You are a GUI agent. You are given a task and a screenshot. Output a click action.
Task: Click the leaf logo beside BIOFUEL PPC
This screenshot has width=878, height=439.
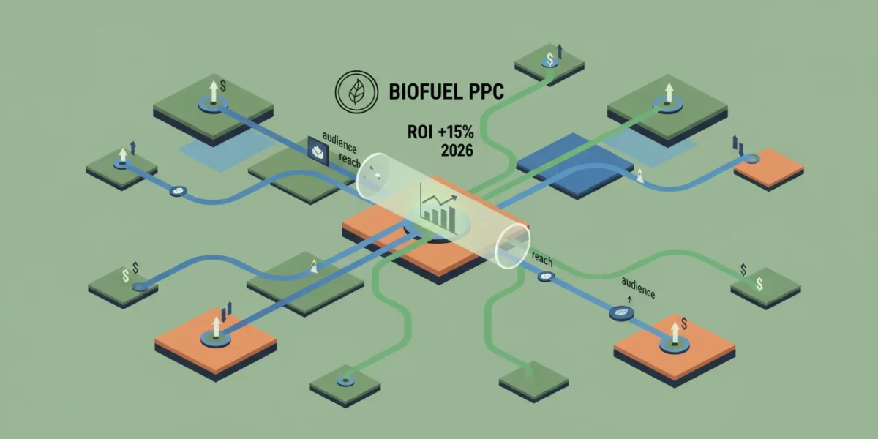tap(356, 91)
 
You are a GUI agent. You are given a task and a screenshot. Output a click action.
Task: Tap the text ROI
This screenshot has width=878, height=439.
tap(420, 132)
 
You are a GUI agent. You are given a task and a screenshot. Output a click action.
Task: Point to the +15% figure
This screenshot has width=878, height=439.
tap(456, 132)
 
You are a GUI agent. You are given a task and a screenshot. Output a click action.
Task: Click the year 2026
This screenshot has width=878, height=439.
tap(457, 151)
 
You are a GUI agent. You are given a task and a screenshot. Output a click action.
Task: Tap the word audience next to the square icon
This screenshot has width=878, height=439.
tap(339, 142)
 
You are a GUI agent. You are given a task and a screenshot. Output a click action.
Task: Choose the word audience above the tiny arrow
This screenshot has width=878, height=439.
tap(638, 288)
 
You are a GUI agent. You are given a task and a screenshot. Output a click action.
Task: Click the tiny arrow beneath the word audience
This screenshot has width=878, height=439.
tap(629, 300)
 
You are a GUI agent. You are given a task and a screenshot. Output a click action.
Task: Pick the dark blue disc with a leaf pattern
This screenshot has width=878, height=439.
tap(622, 312)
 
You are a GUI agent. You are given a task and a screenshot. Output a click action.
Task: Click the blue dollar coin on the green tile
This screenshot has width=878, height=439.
tap(549, 60)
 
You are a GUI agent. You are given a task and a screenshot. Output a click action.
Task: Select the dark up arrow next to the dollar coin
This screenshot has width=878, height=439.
tap(560, 51)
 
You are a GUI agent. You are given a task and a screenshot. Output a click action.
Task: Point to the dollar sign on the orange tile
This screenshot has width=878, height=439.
tap(684, 323)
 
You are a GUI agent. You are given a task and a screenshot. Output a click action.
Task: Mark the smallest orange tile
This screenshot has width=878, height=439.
tap(769, 167)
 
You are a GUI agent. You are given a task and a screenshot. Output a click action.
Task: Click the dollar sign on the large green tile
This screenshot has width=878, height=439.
tap(223, 86)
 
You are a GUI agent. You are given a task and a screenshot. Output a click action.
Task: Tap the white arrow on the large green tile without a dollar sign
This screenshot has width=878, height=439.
tap(669, 93)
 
